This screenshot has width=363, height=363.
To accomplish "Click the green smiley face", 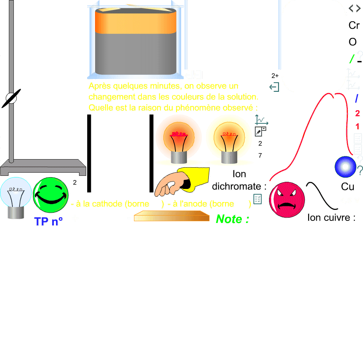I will (x=51, y=195).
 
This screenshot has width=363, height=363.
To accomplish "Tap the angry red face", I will (x=287, y=200).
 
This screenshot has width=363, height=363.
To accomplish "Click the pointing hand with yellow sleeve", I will (x=181, y=182).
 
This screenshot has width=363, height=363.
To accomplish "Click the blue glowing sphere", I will (x=345, y=167).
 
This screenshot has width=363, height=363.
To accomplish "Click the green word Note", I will (x=232, y=219).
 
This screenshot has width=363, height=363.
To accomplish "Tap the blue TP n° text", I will (x=49, y=222).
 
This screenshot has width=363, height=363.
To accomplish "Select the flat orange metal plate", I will (x=172, y=216).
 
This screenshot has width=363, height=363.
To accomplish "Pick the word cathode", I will (x=108, y=204).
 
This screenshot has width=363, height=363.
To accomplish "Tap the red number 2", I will (x=357, y=113).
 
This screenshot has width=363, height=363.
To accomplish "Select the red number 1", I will (x=357, y=126).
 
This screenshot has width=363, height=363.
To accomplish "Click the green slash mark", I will (x=352, y=59).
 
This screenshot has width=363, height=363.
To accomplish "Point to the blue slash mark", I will (x=357, y=99).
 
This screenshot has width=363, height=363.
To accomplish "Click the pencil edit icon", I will (x=259, y=132).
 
